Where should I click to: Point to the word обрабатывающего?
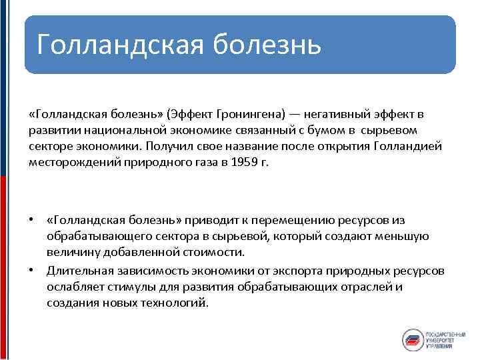tap(89, 235)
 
